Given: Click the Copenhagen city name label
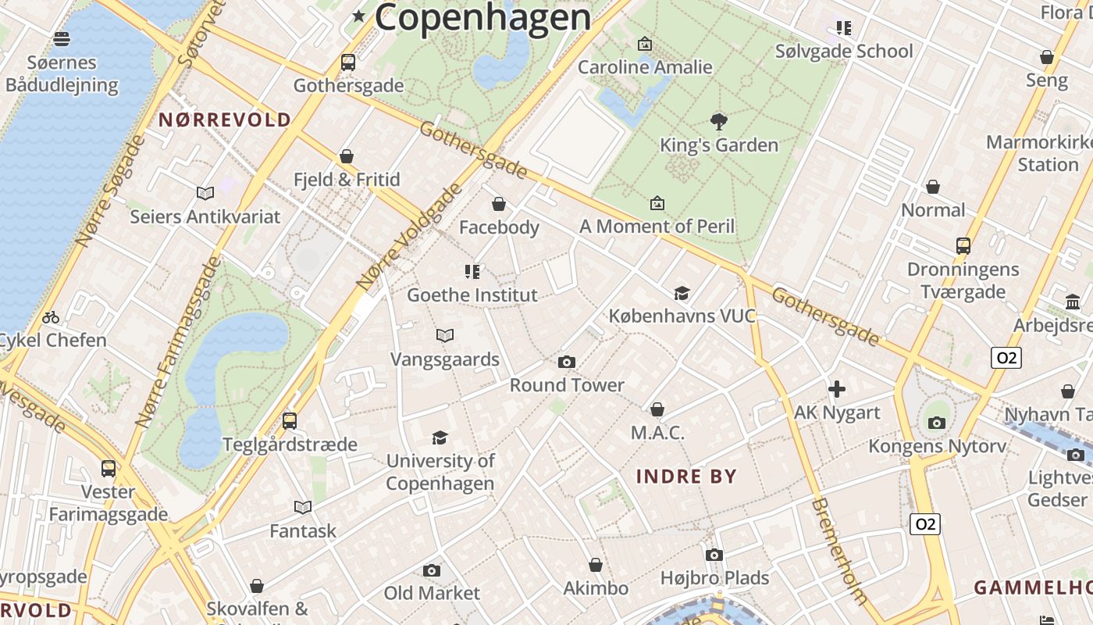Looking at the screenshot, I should (482, 18).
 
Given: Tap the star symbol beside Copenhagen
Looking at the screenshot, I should (359, 16).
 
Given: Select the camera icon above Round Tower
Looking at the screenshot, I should (567, 362).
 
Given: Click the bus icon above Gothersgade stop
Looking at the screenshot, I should (348, 62).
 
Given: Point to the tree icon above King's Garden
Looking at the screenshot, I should (719, 121).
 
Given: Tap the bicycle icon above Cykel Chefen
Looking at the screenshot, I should (51, 317).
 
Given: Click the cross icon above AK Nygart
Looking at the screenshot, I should (837, 389).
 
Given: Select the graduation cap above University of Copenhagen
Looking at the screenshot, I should (440, 437).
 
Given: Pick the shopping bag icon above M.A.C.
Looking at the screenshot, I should (657, 409).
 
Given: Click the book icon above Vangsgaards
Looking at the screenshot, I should (445, 336).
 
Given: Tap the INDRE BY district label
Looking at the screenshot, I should (686, 476).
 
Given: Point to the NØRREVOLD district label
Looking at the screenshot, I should (225, 120).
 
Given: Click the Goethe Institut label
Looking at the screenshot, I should (472, 295).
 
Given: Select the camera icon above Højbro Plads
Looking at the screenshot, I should (714, 555).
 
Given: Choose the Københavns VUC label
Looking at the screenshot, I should (682, 316).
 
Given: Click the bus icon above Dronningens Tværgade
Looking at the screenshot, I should (963, 245).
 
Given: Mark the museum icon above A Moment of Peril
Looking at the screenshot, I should (657, 203).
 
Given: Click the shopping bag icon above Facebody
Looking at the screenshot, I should (499, 205).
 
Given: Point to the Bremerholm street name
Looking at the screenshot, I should (838, 551).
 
